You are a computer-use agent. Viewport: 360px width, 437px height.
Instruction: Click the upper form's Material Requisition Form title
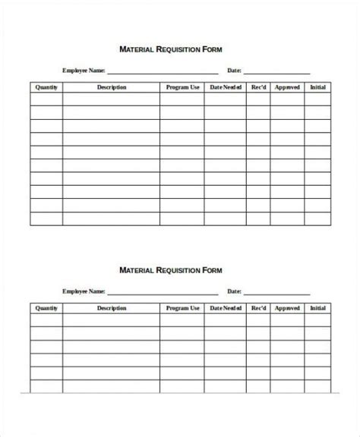tap(171, 49)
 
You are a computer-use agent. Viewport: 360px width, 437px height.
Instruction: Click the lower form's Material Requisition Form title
tap(171, 269)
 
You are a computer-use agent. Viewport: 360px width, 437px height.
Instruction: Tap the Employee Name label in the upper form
tap(84, 71)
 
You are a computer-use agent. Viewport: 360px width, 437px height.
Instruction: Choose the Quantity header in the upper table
tap(46, 87)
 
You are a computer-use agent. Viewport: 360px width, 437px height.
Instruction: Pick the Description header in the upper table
tap(111, 87)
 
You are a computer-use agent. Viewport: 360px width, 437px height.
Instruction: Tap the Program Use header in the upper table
tap(182, 87)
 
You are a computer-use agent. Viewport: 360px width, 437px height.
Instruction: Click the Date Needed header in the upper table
tap(226, 87)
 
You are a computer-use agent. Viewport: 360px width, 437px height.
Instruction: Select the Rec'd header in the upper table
tap(259, 87)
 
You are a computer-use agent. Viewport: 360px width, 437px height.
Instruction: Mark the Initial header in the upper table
tap(318, 87)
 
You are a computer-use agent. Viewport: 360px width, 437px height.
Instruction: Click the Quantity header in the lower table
tap(46, 309)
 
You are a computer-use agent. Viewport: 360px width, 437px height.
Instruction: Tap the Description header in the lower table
tap(111, 309)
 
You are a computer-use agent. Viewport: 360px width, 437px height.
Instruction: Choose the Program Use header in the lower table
tap(182, 309)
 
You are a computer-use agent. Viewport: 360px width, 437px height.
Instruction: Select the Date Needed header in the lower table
tap(226, 309)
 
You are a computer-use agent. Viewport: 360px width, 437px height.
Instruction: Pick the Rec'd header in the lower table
tap(259, 309)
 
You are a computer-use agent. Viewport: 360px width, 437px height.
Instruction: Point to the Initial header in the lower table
tap(318, 309)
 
